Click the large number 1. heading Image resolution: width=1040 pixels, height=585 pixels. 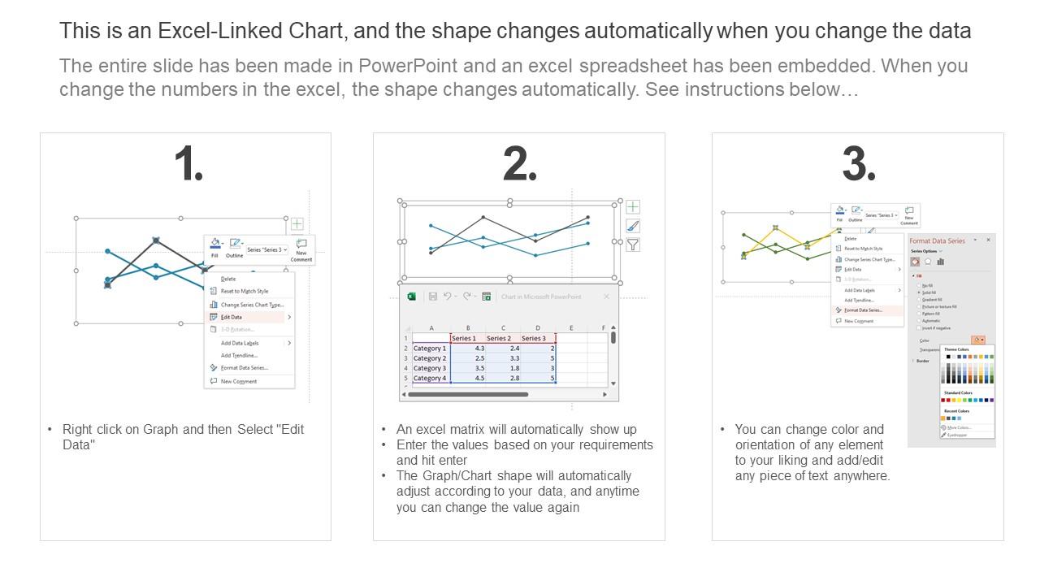point(188,165)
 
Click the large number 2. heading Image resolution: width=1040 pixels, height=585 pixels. point(519,165)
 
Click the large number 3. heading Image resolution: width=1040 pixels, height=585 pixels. point(858,165)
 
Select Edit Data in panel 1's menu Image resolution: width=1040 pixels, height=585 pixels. point(232,317)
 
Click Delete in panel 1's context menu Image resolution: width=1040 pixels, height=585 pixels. point(228,279)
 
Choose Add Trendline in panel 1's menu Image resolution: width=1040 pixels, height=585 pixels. point(239,355)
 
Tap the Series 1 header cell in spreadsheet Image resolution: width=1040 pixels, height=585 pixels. point(464,338)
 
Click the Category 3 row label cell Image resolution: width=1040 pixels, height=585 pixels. point(430,368)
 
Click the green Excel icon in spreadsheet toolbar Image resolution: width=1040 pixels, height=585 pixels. point(412,297)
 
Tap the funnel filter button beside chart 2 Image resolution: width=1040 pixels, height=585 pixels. point(632,245)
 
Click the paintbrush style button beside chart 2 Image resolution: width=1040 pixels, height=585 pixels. point(632,226)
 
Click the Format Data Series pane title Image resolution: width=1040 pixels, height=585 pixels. point(937,240)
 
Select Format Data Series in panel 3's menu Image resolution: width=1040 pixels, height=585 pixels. point(863,310)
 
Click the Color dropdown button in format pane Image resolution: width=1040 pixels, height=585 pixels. point(977,340)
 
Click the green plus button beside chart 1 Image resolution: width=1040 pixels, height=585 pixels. point(297,223)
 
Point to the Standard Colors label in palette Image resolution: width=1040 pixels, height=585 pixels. point(958,392)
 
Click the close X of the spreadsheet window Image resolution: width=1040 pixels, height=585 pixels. point(606,297)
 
